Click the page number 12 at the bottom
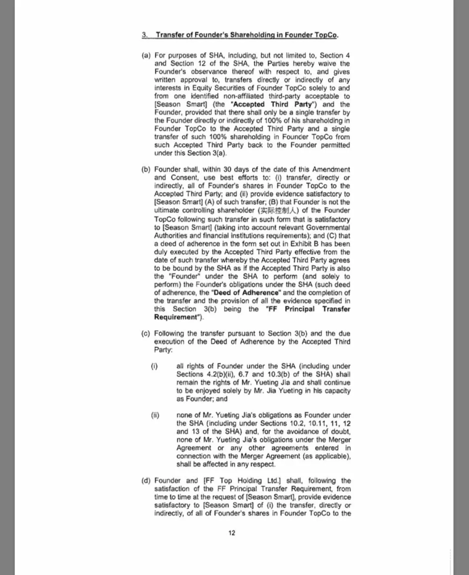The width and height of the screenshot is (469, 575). tap(232, 533)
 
